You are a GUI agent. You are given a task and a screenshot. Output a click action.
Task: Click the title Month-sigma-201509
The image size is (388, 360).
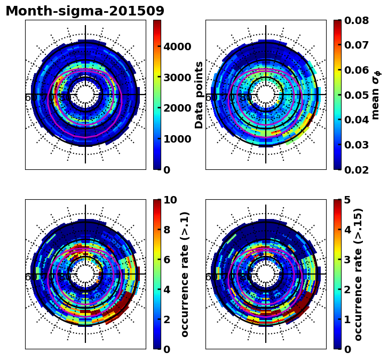[85, 11]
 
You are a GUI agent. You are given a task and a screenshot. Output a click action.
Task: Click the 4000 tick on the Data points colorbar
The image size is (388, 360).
[177, 46]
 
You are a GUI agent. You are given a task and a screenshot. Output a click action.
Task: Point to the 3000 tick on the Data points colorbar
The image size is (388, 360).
[177, 77]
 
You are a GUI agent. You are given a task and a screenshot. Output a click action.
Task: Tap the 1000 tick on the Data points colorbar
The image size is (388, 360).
[177, 139]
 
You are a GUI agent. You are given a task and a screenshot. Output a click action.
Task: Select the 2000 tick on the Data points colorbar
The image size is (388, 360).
[177, 108]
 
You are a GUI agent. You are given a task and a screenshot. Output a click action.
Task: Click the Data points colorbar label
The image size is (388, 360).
[200, 95]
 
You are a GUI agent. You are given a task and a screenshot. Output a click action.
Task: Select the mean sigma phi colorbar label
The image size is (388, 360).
[376, 95]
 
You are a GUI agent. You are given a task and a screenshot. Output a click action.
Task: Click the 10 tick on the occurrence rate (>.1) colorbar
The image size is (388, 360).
[170, 200]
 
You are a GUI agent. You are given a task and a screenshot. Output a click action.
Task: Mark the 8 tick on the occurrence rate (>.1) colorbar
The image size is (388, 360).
[167, 230]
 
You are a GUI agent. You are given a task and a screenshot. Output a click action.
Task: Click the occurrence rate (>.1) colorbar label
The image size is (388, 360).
[185, 274]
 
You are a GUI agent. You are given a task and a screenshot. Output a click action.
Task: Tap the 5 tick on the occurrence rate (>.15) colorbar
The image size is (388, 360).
[347, 200]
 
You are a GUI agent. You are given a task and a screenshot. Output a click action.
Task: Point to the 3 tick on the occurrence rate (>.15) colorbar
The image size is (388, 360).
[347, 260]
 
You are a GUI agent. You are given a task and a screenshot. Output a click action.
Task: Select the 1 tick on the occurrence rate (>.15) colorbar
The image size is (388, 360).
[347, 319]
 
